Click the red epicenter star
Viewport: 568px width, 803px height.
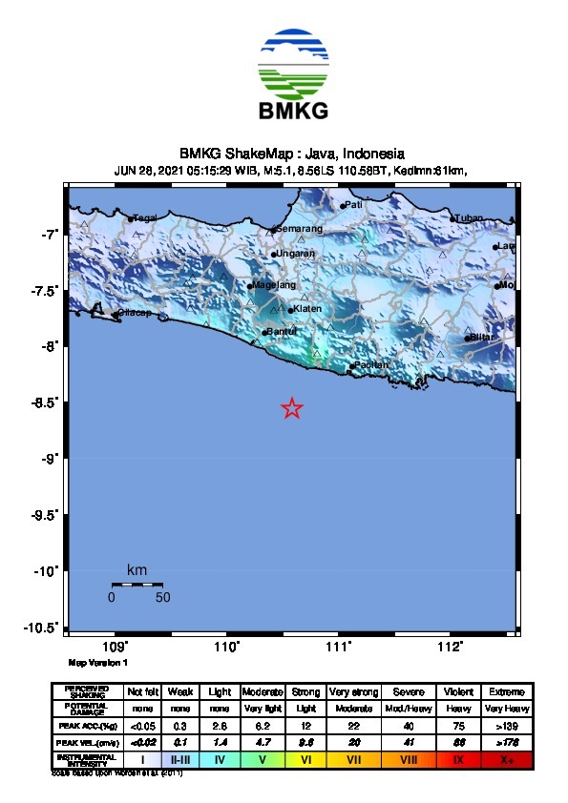click(292, 408)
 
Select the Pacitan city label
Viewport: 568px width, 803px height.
click(371, 365)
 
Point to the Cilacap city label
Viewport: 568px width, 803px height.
click(133, 313)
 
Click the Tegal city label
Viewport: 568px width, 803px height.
click(144, 218)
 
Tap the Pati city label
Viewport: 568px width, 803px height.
click(353, 204)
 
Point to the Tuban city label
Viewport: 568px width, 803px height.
click(470, 218)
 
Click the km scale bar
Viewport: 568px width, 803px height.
click(137, 584)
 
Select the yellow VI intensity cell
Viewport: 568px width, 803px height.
click(306, 760)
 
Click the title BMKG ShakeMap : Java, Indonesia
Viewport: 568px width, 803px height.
click(291, 154)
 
